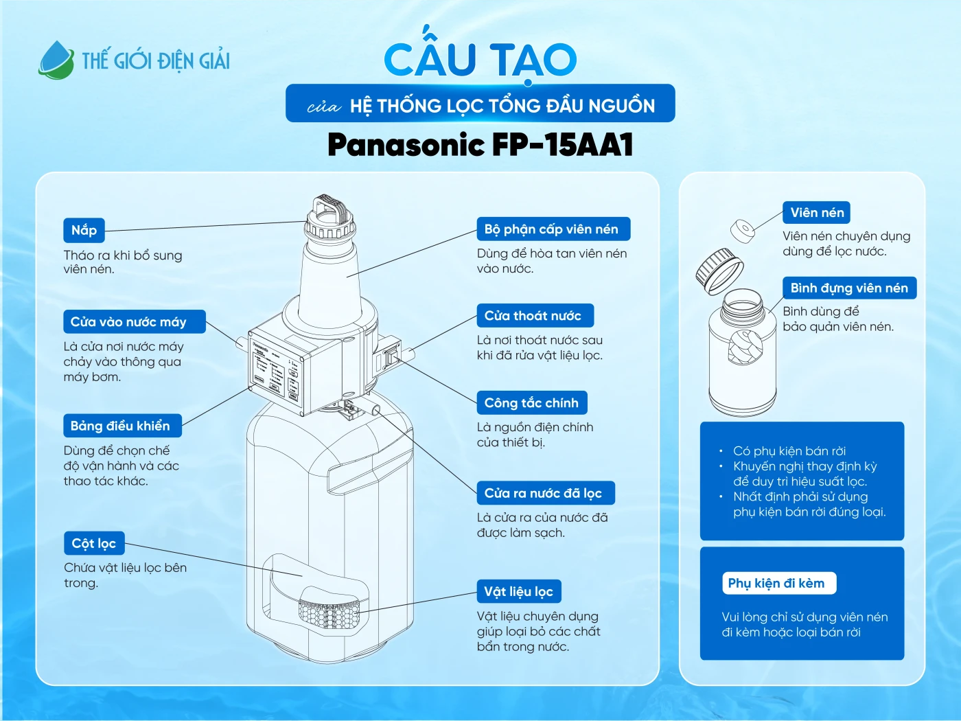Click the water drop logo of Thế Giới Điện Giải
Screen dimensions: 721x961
56,60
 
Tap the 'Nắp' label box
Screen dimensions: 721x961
84,230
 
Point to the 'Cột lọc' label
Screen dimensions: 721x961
93,543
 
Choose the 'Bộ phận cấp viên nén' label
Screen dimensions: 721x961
553,229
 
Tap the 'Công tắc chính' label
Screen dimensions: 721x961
532,403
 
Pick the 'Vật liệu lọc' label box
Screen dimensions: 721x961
519,591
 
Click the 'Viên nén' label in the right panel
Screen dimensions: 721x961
816,213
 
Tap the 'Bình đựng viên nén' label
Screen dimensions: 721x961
849,288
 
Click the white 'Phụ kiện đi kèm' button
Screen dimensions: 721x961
778,583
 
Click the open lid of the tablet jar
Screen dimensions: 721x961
719,271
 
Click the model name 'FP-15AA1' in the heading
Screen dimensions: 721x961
562,145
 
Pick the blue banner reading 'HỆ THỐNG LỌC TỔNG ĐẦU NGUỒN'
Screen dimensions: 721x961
480,104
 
